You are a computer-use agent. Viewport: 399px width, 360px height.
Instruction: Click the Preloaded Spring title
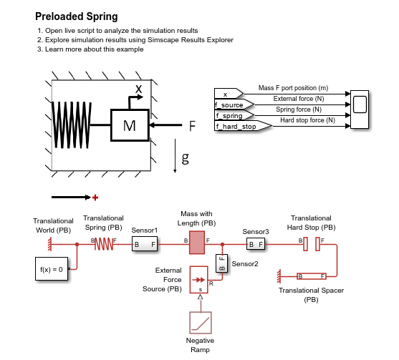(77, 16)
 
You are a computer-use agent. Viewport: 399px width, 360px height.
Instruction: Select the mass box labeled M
(130, 125)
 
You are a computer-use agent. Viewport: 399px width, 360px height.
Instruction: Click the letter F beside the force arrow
(192, 126)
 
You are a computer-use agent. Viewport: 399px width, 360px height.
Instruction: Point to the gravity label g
(186, 158)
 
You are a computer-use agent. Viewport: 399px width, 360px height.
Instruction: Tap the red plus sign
(95, 198)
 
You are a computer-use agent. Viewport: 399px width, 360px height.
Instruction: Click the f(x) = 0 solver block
(52, 269)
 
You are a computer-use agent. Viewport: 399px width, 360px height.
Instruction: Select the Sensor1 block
(145, 244)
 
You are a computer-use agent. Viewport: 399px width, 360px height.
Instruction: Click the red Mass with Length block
(197, 243)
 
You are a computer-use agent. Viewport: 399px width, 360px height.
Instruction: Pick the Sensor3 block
(256, 244)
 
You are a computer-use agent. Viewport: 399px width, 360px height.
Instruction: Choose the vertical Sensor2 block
(221, 263)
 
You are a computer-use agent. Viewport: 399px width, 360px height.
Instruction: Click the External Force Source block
(198, 280)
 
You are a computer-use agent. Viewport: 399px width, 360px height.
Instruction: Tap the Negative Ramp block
(201, 323)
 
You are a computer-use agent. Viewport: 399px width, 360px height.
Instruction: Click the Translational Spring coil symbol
(104, 244)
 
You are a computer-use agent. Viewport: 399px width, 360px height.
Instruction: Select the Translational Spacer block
(312, 276)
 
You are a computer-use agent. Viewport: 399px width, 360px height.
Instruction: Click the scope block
(360, 110)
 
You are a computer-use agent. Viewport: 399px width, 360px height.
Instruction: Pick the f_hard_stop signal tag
(244, 126)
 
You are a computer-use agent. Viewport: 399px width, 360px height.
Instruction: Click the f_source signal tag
(234, 104)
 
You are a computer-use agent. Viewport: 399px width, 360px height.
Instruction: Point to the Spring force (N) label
(299, 110)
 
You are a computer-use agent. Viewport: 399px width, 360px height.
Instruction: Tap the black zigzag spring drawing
(72, 125)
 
